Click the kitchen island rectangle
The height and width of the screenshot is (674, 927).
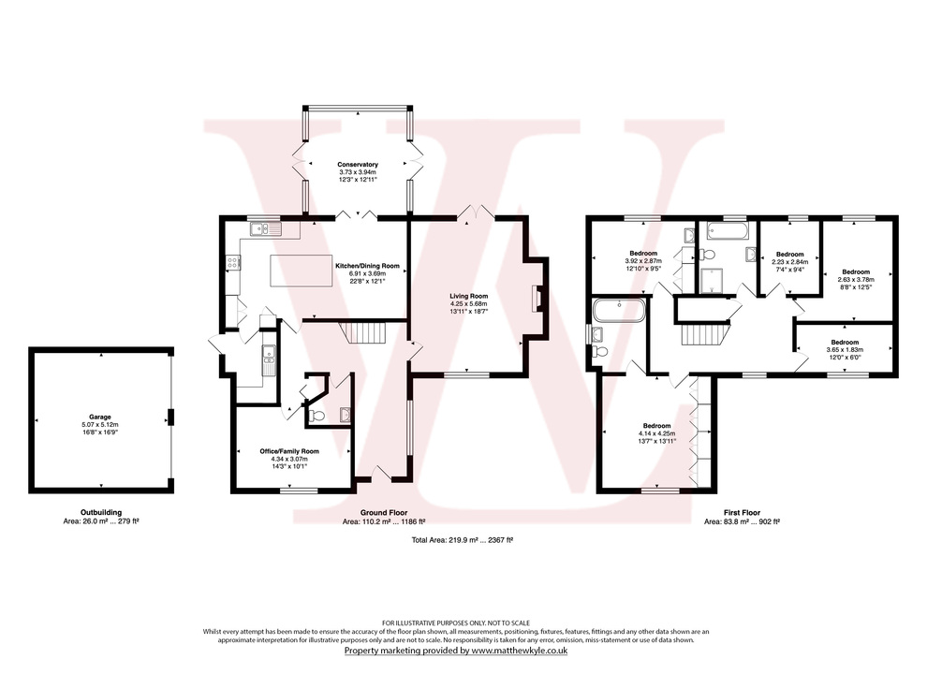pos(301,271)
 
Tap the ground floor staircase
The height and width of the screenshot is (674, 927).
pos(356,332)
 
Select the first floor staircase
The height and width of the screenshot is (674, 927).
pos(703,333)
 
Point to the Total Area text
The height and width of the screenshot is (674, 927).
pos(463,541)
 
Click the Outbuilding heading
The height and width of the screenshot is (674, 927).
pos(100,513)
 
